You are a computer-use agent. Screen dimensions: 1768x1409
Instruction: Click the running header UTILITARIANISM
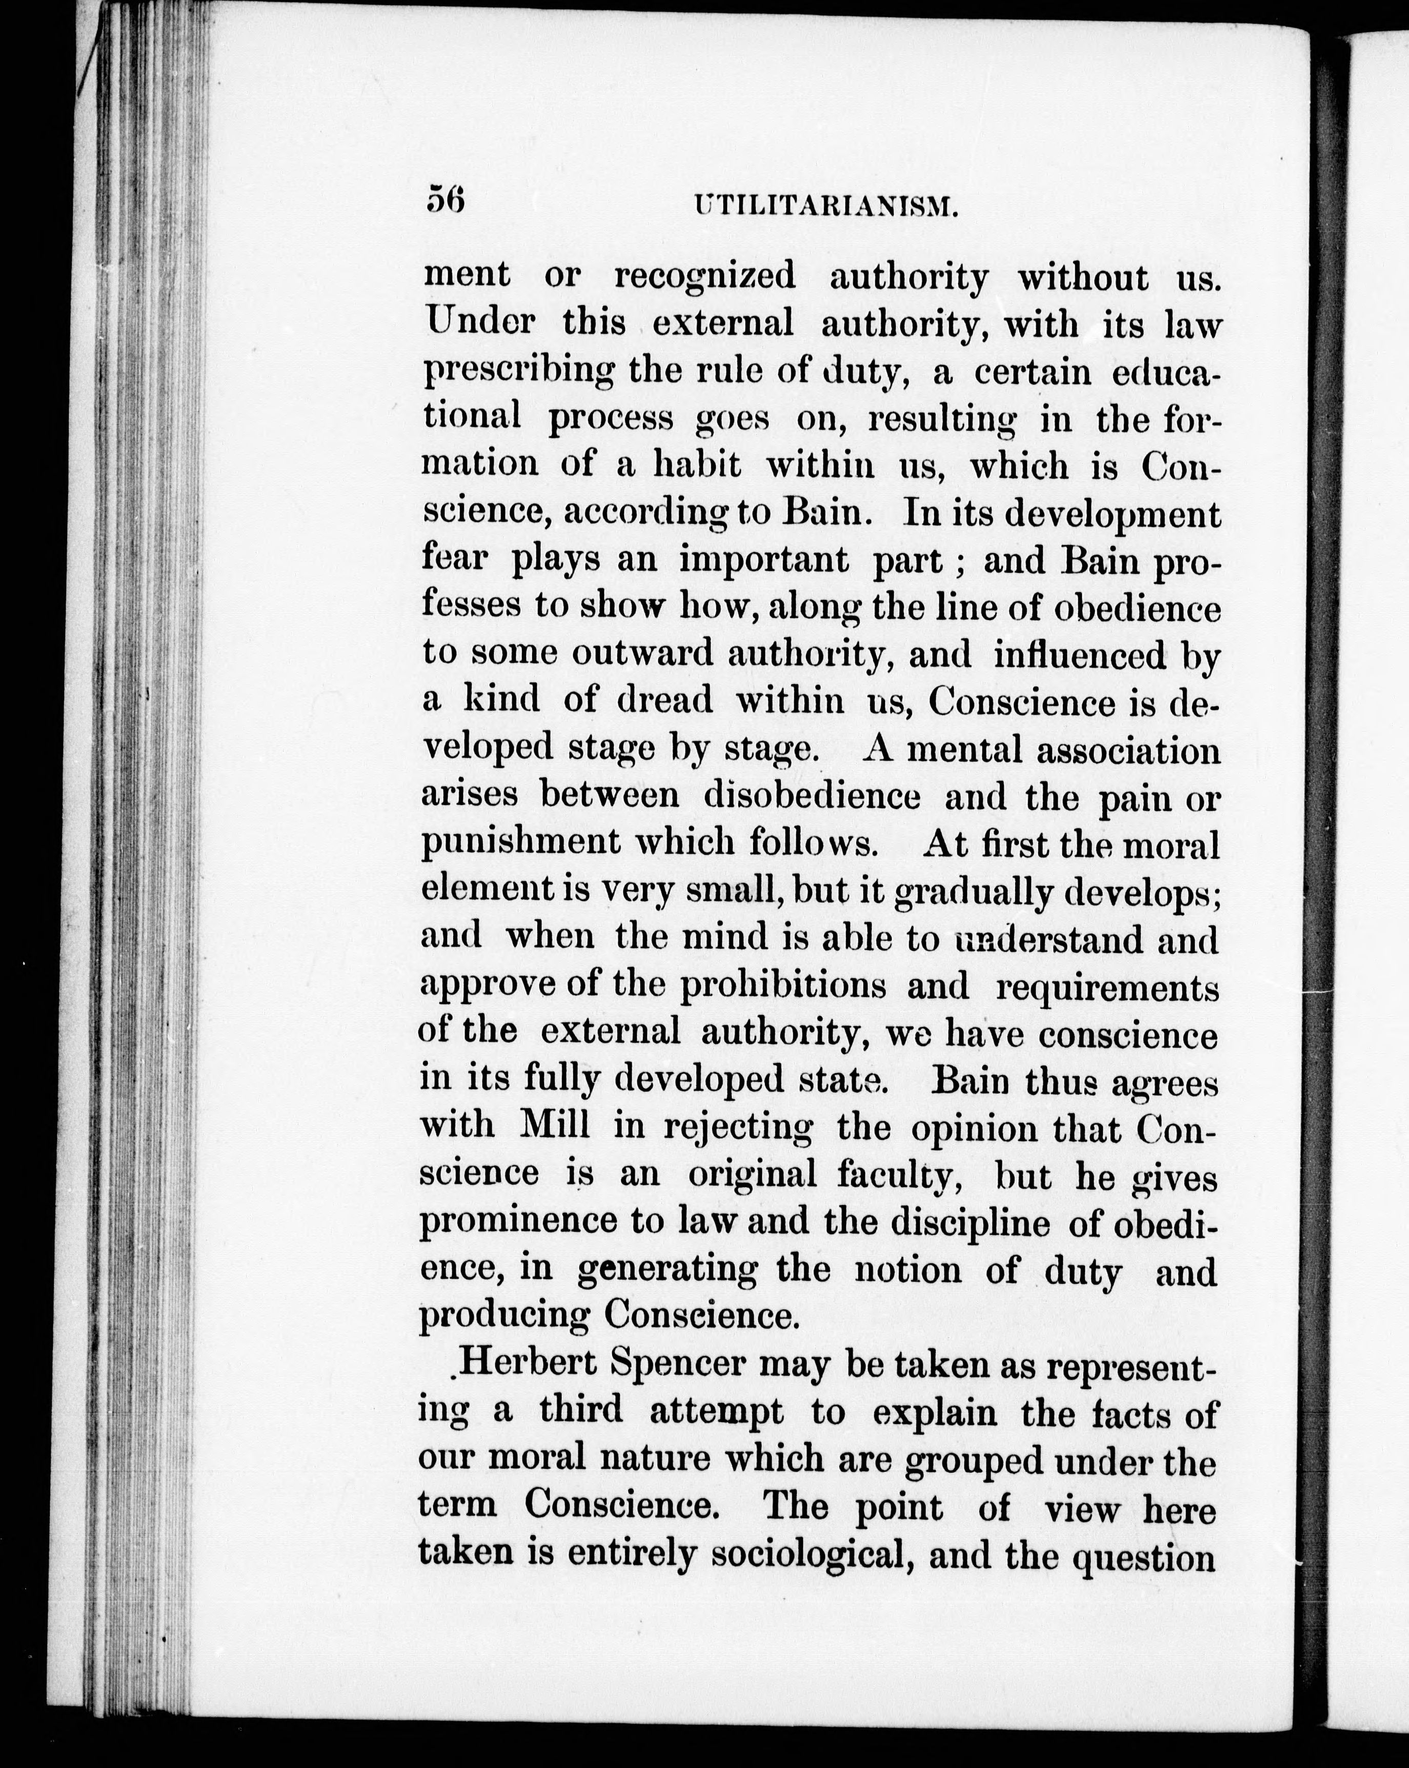(826, 205)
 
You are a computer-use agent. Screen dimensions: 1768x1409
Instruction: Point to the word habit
(697, 465)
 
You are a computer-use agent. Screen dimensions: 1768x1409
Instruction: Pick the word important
(763, 561)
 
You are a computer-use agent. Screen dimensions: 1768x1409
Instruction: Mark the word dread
(665, 701)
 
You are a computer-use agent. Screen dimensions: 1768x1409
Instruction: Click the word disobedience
(812, 795)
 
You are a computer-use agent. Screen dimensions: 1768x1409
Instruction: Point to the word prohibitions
(783, 986)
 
